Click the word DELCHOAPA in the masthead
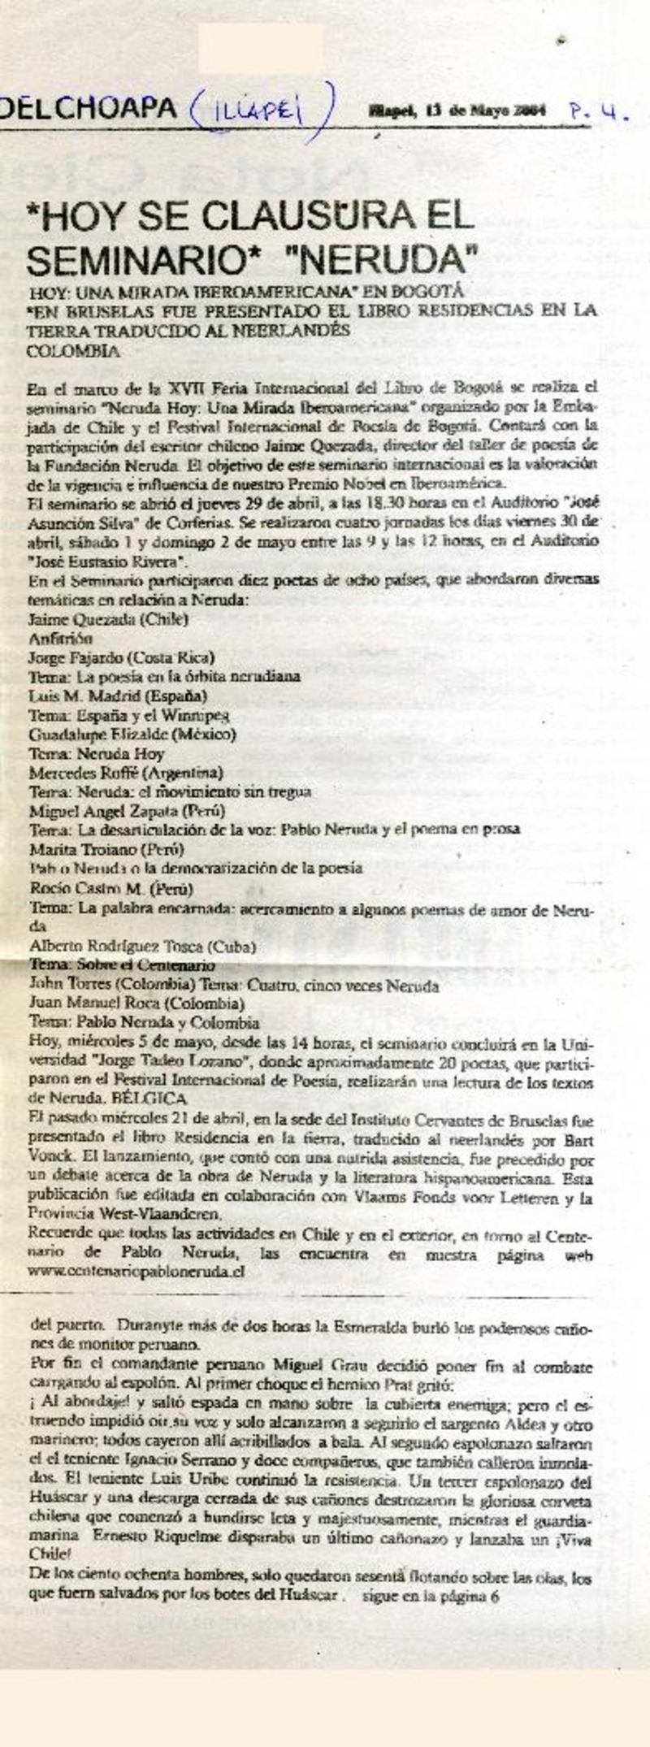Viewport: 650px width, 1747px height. coord(89,108)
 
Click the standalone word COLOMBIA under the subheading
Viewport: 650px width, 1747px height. coord(73,351)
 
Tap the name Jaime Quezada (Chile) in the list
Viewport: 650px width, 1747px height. coord(108,619)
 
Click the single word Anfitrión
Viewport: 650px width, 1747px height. coord(60,638)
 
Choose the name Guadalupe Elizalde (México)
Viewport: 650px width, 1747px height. coord(132,735)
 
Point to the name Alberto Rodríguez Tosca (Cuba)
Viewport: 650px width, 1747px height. coord(142,947)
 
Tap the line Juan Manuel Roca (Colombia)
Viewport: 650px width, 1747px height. coord(136,1004)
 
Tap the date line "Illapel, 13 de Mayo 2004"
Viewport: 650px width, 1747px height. coord(457,109)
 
